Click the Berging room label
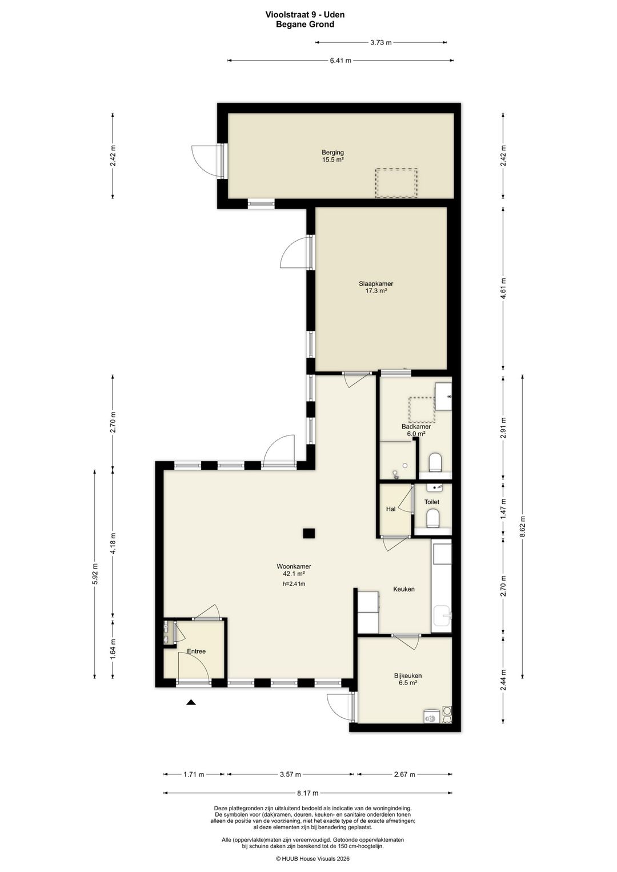332,153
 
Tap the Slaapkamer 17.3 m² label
376,287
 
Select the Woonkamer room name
294,567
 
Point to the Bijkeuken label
407,676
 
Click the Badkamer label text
416,427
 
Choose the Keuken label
404,589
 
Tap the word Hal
390,509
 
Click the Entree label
196,651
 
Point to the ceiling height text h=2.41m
294,583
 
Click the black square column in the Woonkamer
309,533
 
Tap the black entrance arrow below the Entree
190,702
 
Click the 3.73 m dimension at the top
380,42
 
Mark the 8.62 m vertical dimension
522,526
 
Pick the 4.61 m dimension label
503,289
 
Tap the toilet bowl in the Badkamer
434,463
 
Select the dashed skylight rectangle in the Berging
396,183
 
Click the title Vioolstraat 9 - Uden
305,15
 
